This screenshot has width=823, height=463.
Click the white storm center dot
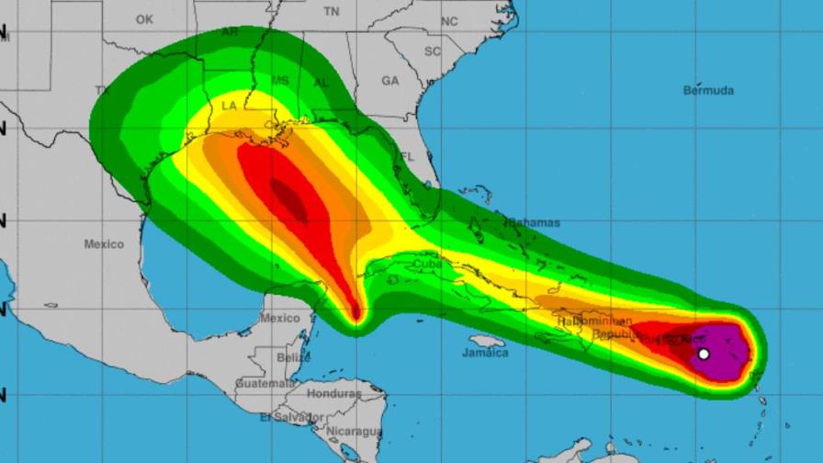(704, 354)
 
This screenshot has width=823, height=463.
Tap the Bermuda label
(708, 90)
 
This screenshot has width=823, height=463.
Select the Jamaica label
(486, 353)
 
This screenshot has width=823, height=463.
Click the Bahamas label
(533, 222)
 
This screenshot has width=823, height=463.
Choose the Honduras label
(334, 393)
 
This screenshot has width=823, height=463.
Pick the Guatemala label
(265, 382)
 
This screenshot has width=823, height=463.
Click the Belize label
(293, 356)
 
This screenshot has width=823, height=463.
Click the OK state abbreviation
(144, 19)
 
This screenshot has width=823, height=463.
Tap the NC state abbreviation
(449, 21)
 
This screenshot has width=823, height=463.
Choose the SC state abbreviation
(432, 51)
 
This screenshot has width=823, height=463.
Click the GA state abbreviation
(390, 81)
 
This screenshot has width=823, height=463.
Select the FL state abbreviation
(406, 157)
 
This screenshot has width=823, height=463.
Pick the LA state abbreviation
(230, 107)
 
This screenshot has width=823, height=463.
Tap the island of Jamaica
(487, 341)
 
